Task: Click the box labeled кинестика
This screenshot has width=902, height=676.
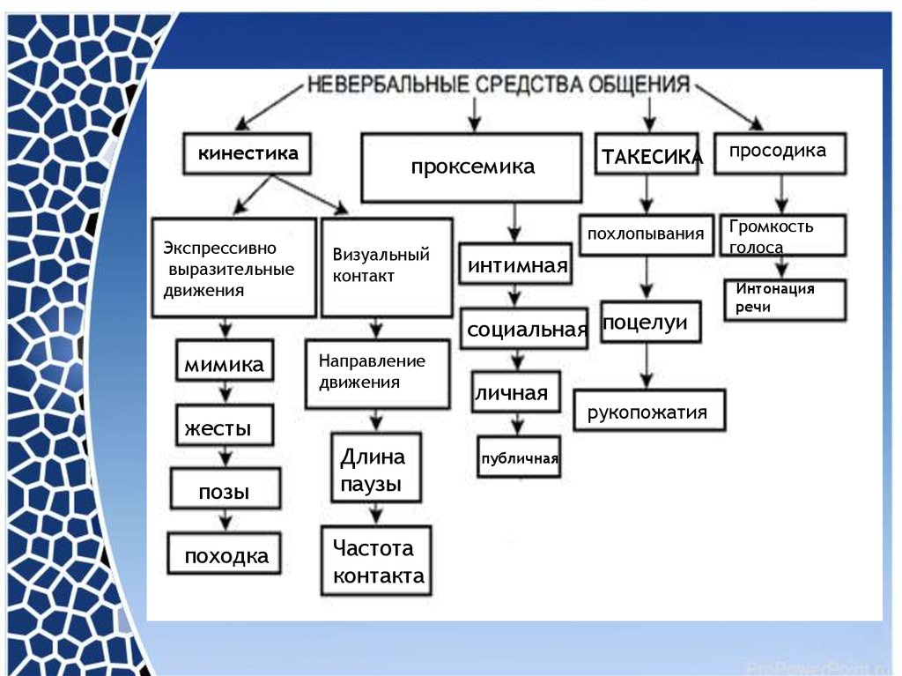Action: [x=248, y=154]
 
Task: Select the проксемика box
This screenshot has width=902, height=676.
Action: [x=471, y=167]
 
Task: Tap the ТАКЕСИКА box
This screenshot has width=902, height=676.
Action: [x=647, y=155]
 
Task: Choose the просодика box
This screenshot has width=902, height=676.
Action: [x=779, y=152]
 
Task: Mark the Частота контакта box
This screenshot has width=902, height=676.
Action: [x=376, y=560]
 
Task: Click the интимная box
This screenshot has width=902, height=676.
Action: [x=515, y=264]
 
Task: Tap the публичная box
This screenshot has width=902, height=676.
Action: [x=519, y=457]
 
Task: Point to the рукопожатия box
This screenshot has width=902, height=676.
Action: [x=649, y=410]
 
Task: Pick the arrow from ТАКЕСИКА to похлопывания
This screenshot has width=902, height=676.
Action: [x=648, y=194]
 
